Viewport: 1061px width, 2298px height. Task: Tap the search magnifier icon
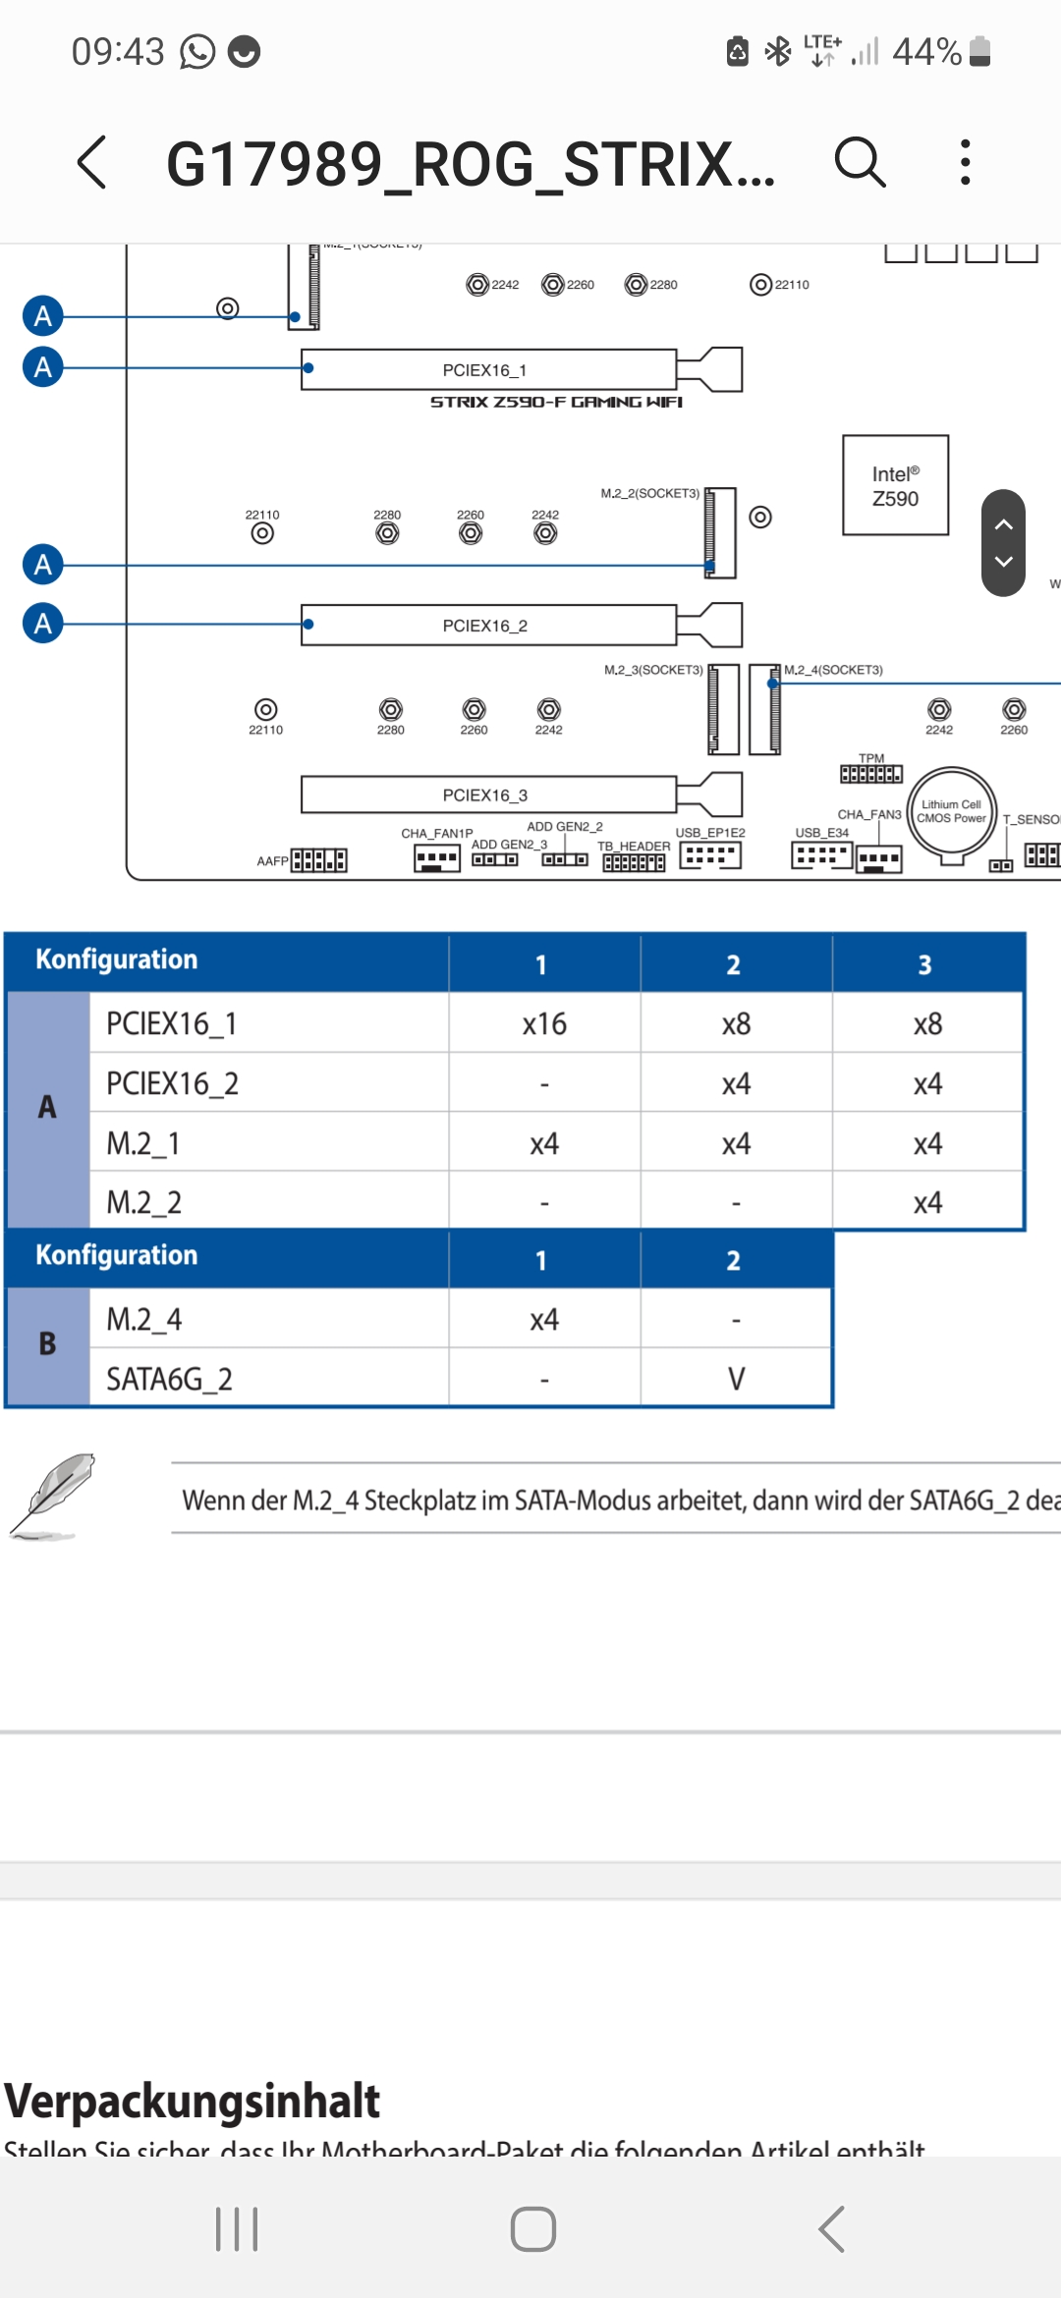860,162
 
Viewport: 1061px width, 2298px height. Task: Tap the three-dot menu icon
966,162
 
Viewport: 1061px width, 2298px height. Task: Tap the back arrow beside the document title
92,162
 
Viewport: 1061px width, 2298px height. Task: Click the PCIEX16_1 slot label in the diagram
484,370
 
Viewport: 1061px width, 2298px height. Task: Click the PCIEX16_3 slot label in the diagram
484,794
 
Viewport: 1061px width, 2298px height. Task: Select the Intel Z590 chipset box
895,485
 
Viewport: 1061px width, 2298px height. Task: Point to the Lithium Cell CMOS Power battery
951,812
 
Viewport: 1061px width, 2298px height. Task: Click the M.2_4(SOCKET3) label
833,670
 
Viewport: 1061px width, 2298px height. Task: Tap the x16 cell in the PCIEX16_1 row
544,1024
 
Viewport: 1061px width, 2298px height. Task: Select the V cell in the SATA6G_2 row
736,1379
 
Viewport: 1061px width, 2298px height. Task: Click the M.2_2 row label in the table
144,1202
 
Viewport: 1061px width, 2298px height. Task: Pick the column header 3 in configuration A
924,964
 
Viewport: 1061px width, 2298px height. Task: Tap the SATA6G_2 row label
169,1379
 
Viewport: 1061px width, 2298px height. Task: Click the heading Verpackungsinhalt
192,2101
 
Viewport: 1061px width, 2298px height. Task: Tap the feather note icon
53,1497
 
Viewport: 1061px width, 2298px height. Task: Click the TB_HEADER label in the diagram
634,846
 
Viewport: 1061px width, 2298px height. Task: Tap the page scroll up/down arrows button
1003,543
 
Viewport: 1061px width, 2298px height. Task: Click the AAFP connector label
272,861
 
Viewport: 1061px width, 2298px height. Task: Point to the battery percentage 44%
926,51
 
